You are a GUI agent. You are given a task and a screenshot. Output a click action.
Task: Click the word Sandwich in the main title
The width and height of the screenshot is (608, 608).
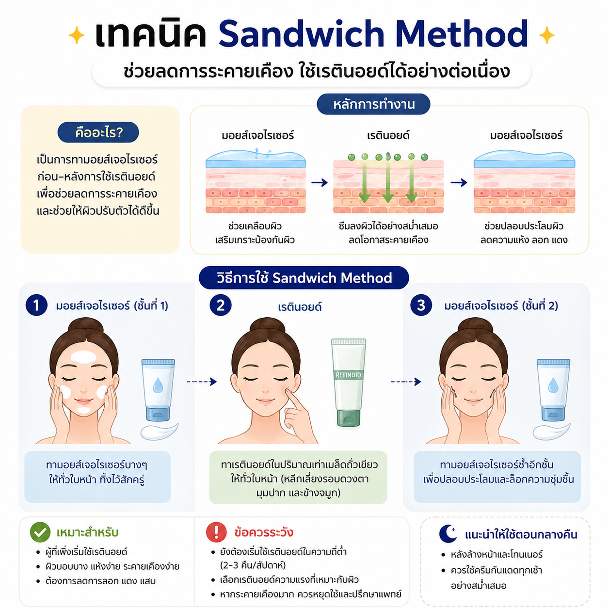click(301, 34)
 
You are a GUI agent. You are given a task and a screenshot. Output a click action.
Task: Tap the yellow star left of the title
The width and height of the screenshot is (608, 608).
click(77, 35)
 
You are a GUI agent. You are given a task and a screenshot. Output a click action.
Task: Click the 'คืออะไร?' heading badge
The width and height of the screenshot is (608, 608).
click(98, 132)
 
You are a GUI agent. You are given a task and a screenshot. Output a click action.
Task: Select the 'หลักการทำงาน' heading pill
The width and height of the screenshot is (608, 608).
click(373, 104)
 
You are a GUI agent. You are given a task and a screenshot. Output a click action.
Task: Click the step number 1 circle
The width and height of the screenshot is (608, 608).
click(36, 305)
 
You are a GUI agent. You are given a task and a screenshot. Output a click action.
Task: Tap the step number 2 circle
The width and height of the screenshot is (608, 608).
click(221, 305)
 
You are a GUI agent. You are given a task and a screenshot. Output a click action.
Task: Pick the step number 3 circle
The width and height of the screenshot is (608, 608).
click(421, 305)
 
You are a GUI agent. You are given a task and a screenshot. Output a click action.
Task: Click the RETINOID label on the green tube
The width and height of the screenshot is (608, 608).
click(348, 375)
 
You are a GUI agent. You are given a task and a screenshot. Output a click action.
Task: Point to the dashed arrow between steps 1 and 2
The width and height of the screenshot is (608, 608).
click(202, 382)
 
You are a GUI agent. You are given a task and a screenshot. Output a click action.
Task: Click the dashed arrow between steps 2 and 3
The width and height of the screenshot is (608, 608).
click(406, 382)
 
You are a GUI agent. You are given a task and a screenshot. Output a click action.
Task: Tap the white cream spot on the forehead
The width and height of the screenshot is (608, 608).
click(83, 357)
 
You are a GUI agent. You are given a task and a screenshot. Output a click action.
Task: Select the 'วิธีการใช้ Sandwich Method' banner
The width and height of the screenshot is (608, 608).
click(304, 278)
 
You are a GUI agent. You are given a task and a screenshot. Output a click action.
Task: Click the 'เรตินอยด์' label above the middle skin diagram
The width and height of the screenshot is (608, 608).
click(388, 136)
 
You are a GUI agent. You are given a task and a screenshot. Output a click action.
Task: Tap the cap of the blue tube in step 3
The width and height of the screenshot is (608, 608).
click(553, 414)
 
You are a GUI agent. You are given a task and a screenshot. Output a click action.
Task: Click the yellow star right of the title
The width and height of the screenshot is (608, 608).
click(547, 35)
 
